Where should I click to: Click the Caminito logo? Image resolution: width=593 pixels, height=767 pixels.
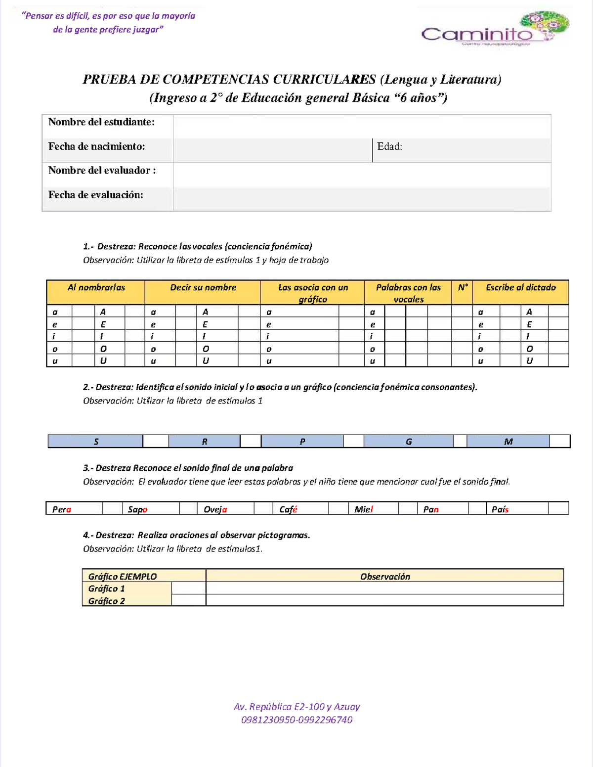495,30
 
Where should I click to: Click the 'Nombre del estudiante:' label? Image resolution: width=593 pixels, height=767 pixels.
101,122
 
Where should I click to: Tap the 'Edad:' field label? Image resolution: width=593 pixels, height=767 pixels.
389,146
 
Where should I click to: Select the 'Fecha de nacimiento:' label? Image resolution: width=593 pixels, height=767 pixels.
96,146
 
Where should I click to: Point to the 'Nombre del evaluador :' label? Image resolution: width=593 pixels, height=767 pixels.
102,171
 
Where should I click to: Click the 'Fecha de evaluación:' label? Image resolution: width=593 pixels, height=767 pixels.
95,195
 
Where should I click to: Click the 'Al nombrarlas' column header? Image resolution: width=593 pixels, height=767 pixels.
96,288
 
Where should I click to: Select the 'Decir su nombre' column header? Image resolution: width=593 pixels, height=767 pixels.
203,288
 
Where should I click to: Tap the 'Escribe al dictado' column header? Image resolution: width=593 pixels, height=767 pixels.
520,288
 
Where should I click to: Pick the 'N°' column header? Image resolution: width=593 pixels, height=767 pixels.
463,288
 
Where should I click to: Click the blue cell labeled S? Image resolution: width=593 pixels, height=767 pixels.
96,442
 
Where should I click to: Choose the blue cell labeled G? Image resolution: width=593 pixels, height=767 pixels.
408,442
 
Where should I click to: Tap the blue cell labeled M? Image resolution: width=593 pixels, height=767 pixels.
508,442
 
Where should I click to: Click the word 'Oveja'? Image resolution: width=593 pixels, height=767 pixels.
215,509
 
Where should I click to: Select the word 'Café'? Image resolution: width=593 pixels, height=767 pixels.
288,509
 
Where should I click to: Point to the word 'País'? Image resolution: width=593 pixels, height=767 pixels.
500,509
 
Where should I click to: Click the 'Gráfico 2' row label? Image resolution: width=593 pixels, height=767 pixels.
106,601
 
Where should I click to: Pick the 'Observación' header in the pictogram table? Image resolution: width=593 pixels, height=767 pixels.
384,577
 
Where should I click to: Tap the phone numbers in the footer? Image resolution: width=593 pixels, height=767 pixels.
296,720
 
